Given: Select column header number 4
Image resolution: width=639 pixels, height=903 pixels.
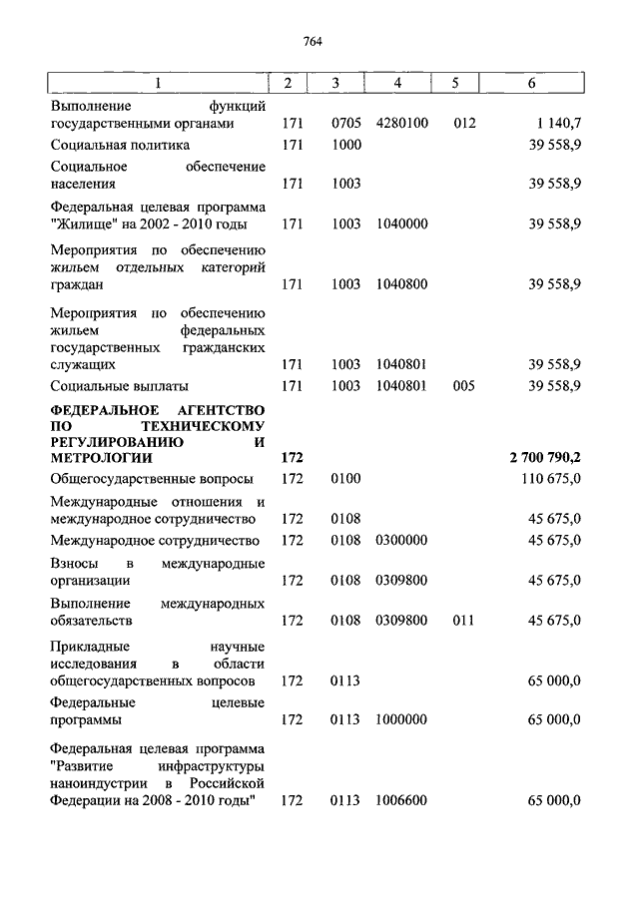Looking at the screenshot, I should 397,83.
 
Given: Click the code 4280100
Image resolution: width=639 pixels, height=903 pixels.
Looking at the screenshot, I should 402,124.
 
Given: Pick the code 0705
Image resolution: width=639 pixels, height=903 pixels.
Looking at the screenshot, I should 345,124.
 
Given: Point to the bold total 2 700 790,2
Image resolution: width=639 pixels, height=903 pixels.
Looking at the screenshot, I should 546,458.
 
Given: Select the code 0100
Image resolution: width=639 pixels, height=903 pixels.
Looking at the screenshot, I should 345,479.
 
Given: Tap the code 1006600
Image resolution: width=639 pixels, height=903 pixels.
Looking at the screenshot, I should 402,800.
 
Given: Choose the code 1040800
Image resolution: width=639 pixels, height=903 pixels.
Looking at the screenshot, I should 402,284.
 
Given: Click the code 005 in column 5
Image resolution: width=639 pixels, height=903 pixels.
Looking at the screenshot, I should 464,385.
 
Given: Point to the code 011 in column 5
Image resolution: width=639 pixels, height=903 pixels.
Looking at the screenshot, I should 464,621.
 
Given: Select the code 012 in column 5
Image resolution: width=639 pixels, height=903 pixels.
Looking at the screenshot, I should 464,124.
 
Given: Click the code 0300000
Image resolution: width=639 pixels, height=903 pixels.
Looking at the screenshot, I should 402,541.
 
